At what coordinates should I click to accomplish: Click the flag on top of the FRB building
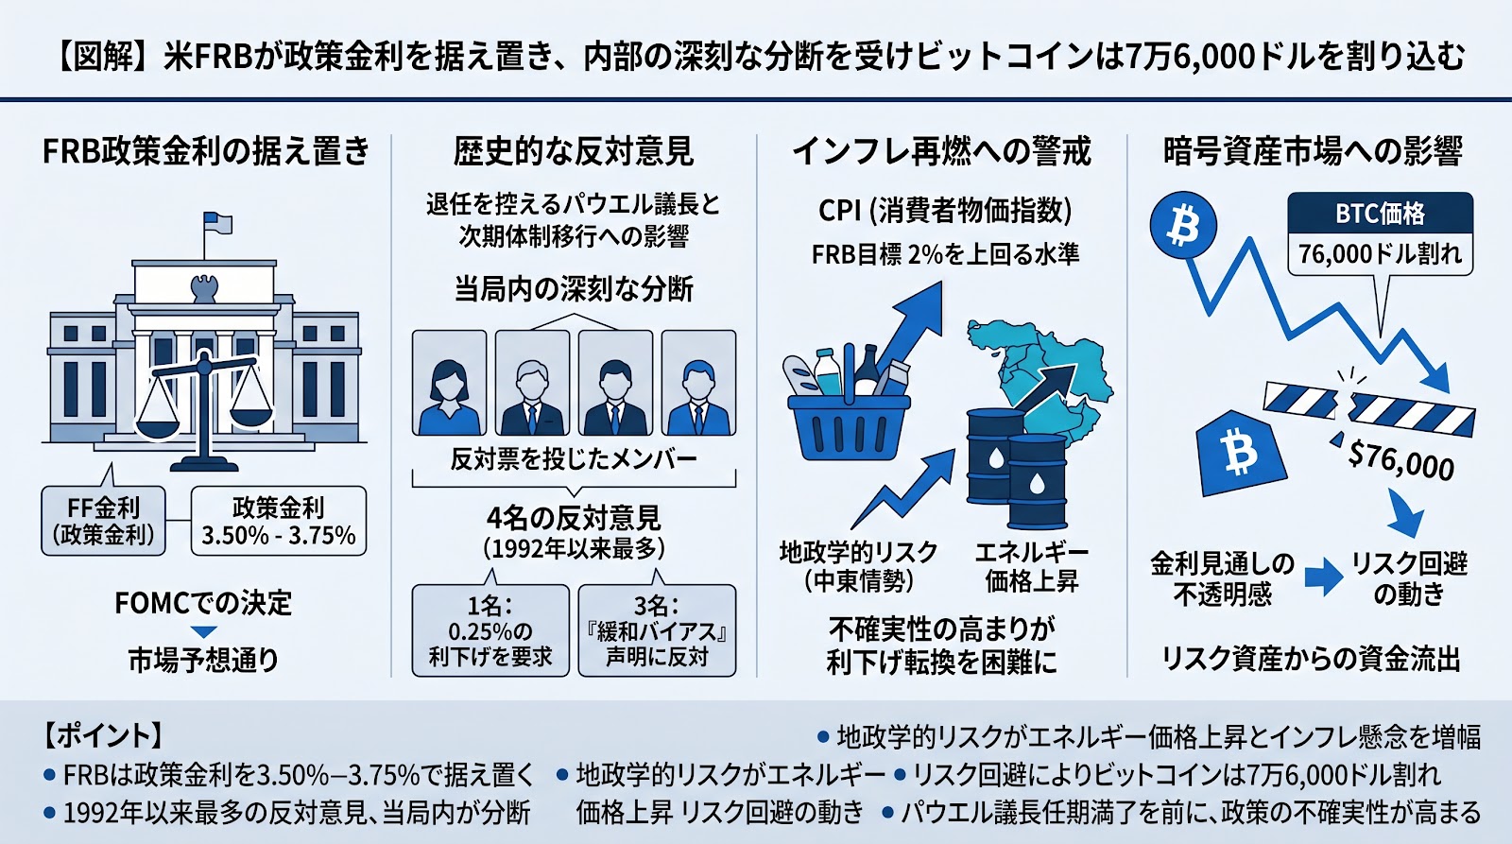(218, 223)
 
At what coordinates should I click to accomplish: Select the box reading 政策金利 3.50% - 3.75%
(279, 522)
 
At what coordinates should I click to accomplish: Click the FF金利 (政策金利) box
(103, 522)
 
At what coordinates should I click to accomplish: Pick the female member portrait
(450, 383)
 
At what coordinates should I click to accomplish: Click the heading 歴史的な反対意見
(573, 151)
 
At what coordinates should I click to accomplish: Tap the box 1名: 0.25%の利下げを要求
(490, 630)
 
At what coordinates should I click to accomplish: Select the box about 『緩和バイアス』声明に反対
(657, 630)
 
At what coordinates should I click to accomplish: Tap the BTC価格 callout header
(1381, 214)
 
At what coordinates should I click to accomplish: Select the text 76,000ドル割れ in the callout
(1381, 254)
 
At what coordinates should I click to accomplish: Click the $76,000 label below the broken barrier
(1400, 460)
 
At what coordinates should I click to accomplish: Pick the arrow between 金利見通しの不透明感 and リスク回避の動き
(1324, 577)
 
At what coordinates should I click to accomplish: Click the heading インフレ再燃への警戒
(941, 151)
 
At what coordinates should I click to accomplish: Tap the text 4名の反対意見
(574, 519)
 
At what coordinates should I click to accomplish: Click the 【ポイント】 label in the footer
(103, 735)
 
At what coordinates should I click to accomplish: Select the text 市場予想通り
(204, 660)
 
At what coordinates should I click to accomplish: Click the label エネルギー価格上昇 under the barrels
(1031, 566)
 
